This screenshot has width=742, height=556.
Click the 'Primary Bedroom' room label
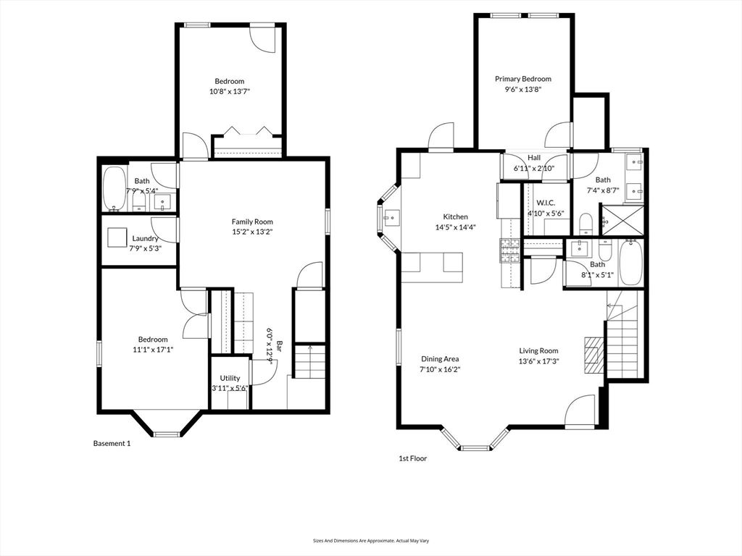[522, 79]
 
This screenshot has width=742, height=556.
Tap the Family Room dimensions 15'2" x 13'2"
[252, 232]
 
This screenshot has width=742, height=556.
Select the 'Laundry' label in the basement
[145, 238]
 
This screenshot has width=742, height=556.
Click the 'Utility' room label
[230, 378]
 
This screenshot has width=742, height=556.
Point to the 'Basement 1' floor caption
[112, 443]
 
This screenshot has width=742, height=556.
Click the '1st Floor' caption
[412, 458]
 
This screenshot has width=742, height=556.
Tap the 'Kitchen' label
[456, 216]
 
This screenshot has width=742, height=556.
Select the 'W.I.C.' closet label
[545, 203]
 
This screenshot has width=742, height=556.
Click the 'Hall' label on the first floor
[534, 158]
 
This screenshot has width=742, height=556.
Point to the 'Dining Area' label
[441, 358]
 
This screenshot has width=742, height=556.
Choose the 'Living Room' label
[538, 351]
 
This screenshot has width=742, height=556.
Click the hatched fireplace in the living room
[593, 355]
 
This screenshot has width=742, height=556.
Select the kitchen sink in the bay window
[391, 216]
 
